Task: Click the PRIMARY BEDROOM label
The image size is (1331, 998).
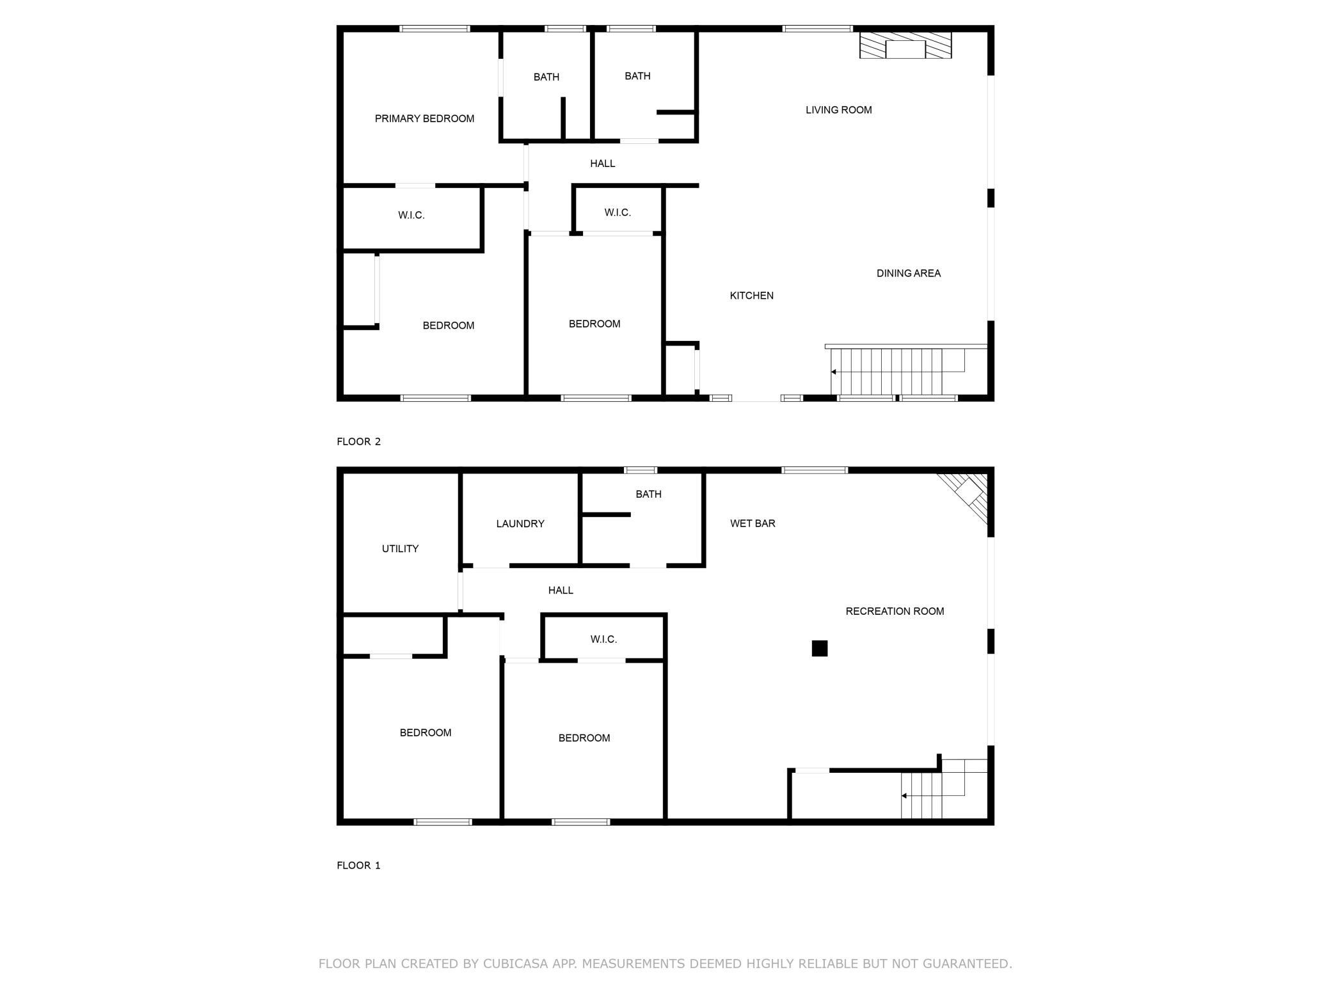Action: click(424, 118)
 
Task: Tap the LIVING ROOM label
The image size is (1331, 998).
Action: click(838, 110)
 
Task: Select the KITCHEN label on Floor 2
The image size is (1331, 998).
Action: click(751, 296)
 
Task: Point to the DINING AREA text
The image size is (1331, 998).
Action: click(908, 273)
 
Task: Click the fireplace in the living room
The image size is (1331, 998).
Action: click(905, 45)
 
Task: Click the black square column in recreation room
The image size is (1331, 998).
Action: click(819, 648)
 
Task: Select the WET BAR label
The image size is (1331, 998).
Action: click(753, 523)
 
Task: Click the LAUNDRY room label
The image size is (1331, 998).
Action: click(520, 524)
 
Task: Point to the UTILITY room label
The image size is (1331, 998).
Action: click(400, 549)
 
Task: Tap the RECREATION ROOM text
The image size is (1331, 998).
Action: click(895, 612)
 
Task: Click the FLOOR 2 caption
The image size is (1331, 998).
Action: click(358, 441)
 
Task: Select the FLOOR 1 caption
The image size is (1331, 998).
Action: click(358, 866)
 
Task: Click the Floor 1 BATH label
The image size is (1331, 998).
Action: click(648, 495)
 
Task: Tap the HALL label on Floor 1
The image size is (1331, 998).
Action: click(561, 590)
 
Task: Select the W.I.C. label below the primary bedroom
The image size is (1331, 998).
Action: click(411, 216)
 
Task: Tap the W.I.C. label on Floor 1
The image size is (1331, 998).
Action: click(603, 640)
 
